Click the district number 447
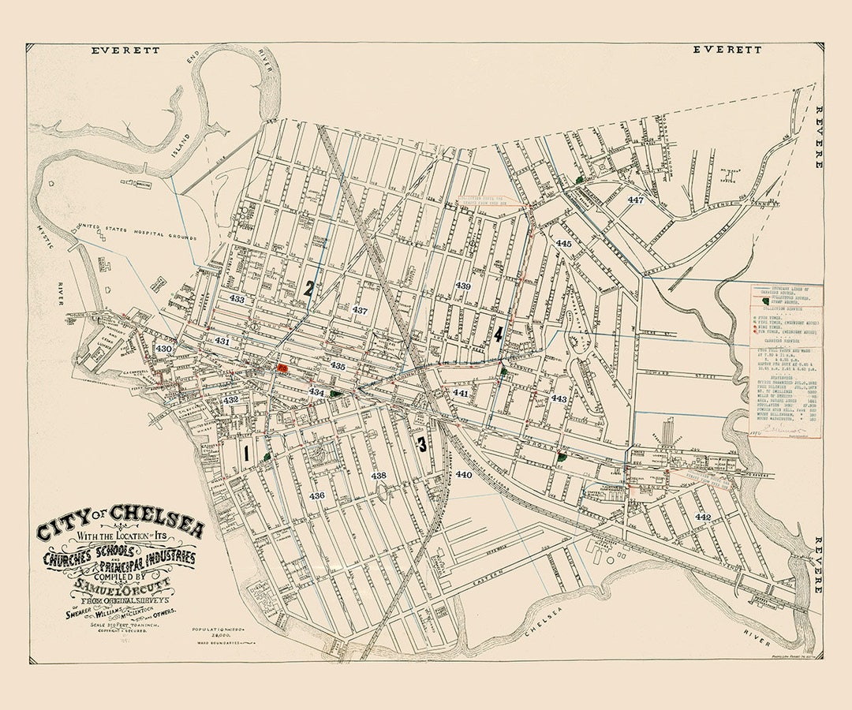tap(636, 200)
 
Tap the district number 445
tap(563, 244)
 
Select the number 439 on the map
tap(463, 286)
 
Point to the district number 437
tap(360, 310)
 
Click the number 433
tap(237, 300)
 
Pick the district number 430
tap(163, 348)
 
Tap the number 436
tap(317, 495)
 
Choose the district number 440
tap(463, 475)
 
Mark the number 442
tap(703, 516)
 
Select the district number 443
tap(559, 398)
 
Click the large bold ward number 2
tap(309, 289)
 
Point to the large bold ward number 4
tap(499, 334)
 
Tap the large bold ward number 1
tap(247, 454)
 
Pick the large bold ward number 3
tap(422, 444)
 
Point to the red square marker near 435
tap(282, 368)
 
